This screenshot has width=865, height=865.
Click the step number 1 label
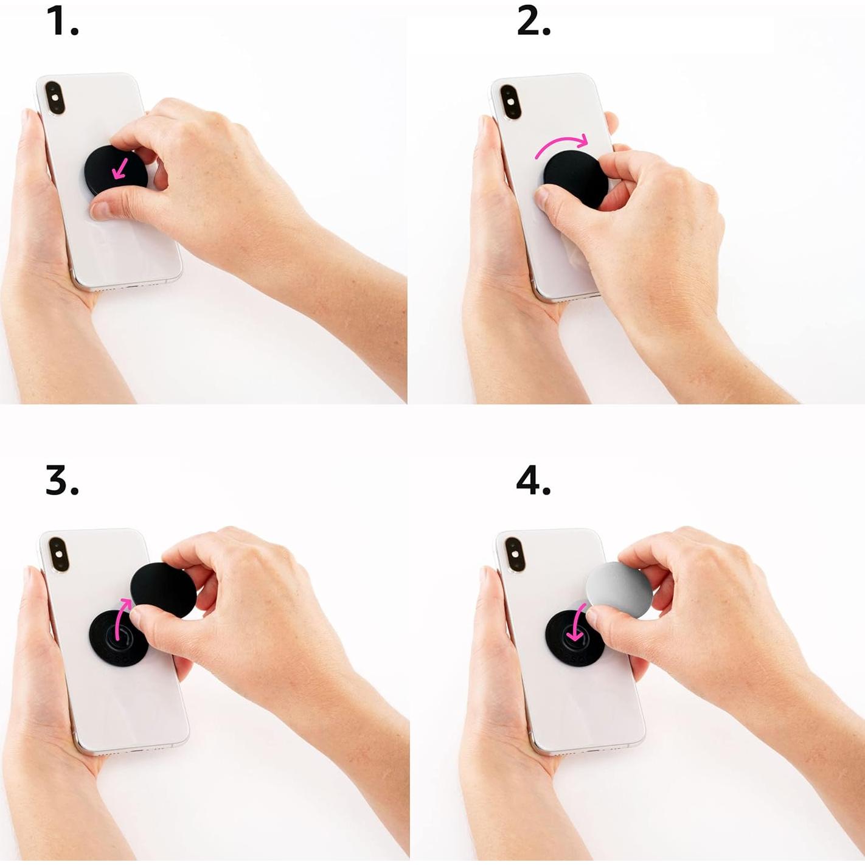click(x=62, y=22)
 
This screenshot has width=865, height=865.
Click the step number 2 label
click(x=533, y=22)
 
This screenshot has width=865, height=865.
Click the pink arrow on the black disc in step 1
click(x=120, y=168)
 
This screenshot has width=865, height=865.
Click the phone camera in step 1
click(x=55, y=98)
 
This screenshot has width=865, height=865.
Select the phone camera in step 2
click(x=510, y=101)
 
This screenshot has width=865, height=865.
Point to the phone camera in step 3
click(x=58, y=554)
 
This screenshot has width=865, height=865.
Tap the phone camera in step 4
click(x=514, y=554)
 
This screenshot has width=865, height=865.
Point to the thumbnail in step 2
click(x=541, y=196)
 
